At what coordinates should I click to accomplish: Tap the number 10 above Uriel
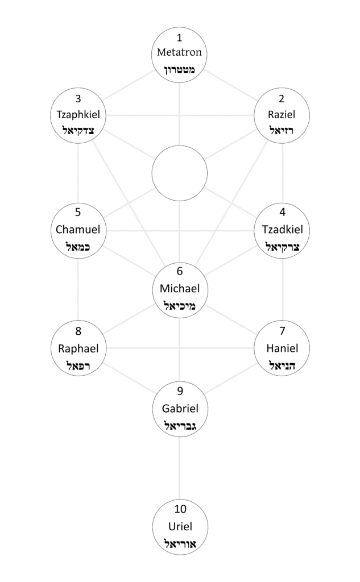[180, 509]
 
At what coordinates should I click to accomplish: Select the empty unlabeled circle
[180, 173]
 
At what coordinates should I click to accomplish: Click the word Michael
[180, 288]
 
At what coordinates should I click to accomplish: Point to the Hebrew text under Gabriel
[180, 425]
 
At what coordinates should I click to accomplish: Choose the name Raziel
[282, 115]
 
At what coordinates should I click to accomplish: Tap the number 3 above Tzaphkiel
[78, 98]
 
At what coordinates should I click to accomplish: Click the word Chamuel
[78, 230]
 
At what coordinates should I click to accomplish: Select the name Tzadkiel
[282, 230]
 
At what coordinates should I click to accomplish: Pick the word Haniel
[282, 348]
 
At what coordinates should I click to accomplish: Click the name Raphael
[78, 348]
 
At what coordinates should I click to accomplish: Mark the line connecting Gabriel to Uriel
[180, 466]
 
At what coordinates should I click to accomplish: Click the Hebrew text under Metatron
[180, 70]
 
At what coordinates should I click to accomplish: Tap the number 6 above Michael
[180, 272]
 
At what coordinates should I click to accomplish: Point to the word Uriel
[180, 526]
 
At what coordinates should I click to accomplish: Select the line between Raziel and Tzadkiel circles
[283, 173]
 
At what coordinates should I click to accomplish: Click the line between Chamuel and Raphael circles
[78, 290]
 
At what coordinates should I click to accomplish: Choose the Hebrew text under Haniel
[282, 365]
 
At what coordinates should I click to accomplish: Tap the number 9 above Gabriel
[180, 390]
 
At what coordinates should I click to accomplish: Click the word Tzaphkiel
[78, 115]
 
